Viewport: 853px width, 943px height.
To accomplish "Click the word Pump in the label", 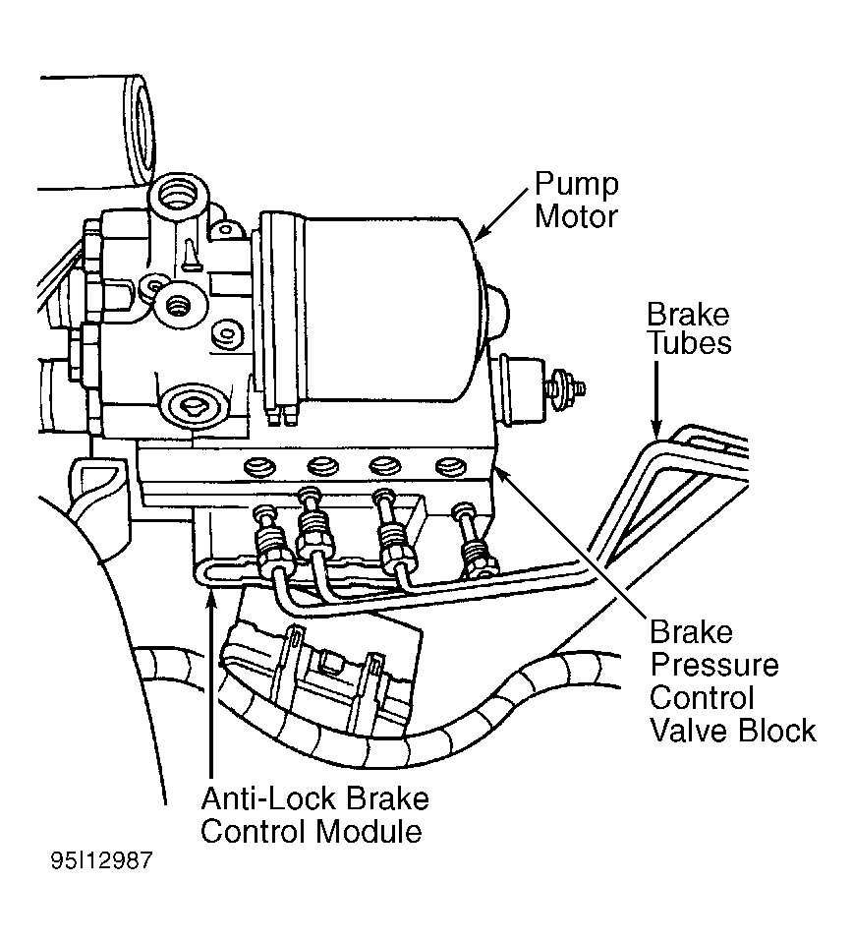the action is click(x=576, y=186).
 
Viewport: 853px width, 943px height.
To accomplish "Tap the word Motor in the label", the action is click(x=576, y=216).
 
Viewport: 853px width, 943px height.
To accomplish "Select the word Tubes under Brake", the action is click(x=690, y=343).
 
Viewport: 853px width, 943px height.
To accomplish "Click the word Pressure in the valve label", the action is click(x=714, y=665).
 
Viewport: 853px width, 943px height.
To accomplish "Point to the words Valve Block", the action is click(x=733, y=731).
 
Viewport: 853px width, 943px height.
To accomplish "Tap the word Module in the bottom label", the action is click(x=369, y=832).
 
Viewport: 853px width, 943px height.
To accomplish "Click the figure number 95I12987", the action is click(x=101, y=860).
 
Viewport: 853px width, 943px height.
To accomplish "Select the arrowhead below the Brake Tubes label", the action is click(x=655, y=428).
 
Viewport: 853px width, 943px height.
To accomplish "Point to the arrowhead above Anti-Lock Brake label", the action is click(x=210, y=598).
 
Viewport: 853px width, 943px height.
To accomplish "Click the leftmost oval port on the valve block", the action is click(x=260, y=466).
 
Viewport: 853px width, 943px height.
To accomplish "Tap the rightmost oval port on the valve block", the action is click(x=451, y=466).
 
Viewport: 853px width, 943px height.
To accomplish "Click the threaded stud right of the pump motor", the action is click(x=567, y=387).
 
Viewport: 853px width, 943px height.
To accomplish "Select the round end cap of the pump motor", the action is click(x=497, y=313).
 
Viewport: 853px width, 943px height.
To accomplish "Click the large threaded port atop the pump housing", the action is click(x=179, y=198).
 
